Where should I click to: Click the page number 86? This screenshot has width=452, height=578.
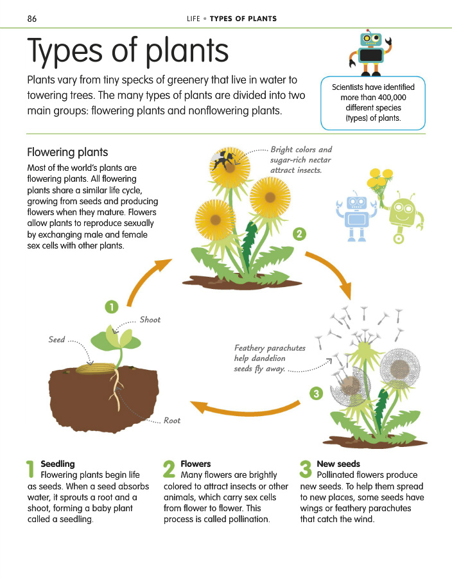tap(31, 19)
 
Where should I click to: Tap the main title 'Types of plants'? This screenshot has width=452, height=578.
tap(128, 52)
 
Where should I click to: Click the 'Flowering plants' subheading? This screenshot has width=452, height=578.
tap(67, 152)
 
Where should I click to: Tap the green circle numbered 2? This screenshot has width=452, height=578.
tap(299, 233)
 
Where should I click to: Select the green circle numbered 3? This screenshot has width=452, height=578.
tap(315, 393)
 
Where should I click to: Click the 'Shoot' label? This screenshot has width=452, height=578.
tap(150, 320)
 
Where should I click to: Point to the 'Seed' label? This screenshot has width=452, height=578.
tap(56, 340)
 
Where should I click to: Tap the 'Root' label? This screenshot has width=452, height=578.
tap(172, 421)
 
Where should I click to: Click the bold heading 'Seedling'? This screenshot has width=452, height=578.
tap(58, 464)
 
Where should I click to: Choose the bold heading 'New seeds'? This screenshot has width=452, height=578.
tap(338, 464)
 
